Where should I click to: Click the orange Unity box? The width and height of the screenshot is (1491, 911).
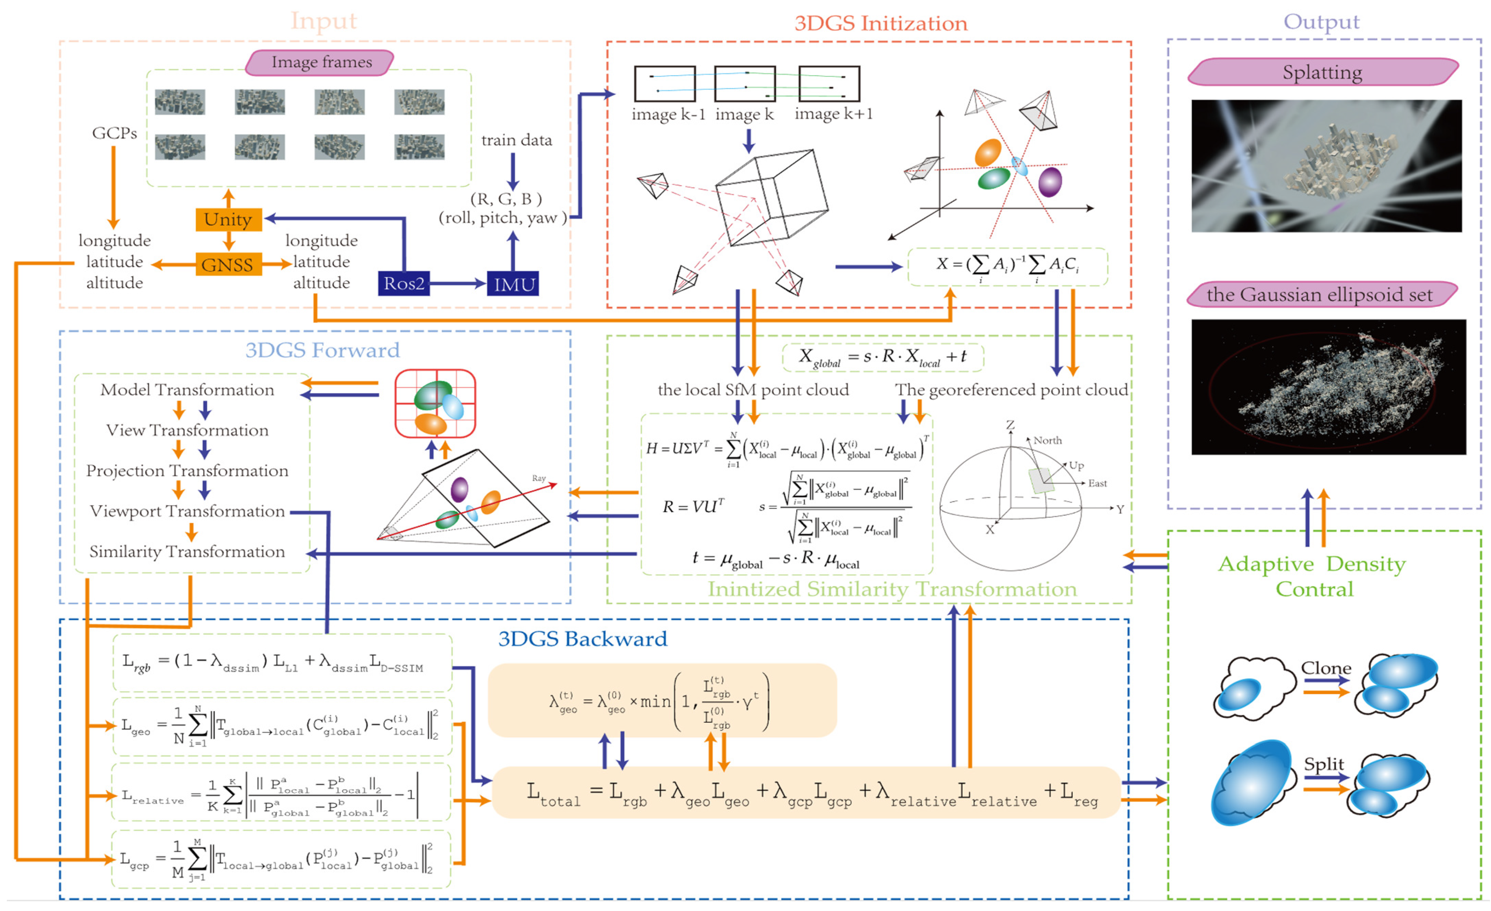point(228,219)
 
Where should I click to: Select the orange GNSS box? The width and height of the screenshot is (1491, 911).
point(228,264)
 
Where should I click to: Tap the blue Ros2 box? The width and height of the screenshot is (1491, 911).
point(404,283)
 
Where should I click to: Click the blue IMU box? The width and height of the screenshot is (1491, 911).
point(513,283)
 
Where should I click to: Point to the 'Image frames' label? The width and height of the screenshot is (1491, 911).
point(321,62)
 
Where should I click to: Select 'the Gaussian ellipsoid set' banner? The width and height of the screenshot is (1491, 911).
point(1320,294)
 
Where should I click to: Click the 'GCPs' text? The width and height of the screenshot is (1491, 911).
point(114,133)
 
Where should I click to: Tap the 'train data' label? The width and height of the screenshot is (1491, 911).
point(517,140)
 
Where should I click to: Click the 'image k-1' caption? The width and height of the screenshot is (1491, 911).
point(669,114)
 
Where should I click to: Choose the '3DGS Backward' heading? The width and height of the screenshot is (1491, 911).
point(583,639)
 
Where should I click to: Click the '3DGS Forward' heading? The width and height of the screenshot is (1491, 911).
point(323,350)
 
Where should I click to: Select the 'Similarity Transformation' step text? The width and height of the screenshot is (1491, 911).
point(188,552)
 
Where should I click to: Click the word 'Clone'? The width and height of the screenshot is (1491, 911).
point(1326,668)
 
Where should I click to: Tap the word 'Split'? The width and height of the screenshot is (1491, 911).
point(1324,764)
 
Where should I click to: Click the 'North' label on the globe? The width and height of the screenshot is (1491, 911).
point(1048,440)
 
